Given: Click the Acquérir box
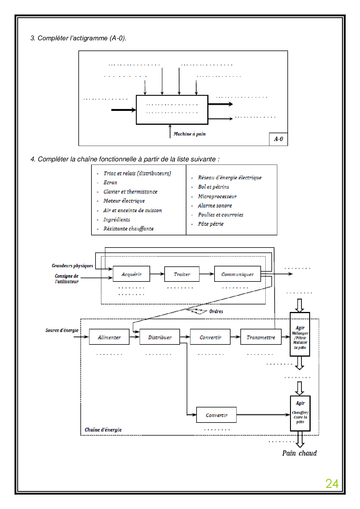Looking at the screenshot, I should click(131, 274).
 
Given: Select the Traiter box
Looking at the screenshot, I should click(182, 274).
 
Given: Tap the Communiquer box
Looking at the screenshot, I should click(237, 274).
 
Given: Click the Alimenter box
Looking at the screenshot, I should click(109, 337).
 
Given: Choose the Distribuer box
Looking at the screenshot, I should click(160, 337).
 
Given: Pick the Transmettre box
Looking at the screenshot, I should click(261, 337).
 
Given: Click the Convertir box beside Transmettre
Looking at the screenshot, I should click(210, 337).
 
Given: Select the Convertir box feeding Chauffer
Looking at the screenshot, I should click(216, 415).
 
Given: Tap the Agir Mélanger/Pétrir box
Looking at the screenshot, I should click(300, 334).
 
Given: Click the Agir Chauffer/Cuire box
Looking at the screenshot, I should click(300, 413).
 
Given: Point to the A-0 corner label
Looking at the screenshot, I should click(278, 139).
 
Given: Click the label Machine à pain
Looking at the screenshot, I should click(190, 134).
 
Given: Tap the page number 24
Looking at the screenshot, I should click(332, 484).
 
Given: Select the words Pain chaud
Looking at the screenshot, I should click(299, 453).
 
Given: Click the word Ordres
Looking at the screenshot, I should click(216, 311).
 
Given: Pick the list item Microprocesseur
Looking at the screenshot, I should click(217, 196).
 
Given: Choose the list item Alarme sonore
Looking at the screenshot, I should click(215, 206).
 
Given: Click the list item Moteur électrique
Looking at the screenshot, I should click(124, 201).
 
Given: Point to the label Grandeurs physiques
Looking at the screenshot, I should click(72, 266).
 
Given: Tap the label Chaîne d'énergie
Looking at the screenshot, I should click(103, 430).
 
